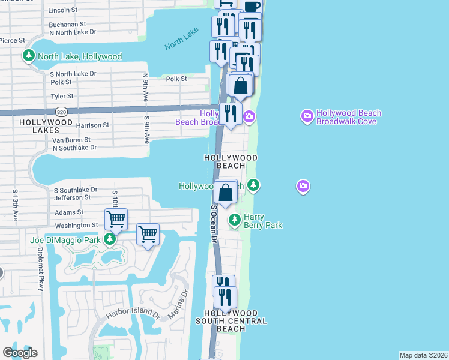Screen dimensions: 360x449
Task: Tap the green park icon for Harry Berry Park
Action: (235, 221)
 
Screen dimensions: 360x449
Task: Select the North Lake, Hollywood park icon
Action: (28, 56)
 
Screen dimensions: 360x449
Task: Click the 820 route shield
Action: (61, 112)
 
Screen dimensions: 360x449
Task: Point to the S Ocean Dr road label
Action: (213, 223)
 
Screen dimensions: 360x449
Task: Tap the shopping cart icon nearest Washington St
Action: (116, 219)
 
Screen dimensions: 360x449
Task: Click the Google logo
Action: (20, 353)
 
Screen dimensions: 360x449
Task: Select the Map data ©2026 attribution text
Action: (423, 355)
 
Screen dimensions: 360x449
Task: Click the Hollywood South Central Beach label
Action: (231, 321)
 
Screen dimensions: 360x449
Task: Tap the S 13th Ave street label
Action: (15, 204)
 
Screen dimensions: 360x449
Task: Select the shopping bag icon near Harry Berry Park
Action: (226, 193)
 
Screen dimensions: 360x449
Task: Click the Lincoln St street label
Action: (62, 10)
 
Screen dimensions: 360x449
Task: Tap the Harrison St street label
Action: (93, 125)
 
